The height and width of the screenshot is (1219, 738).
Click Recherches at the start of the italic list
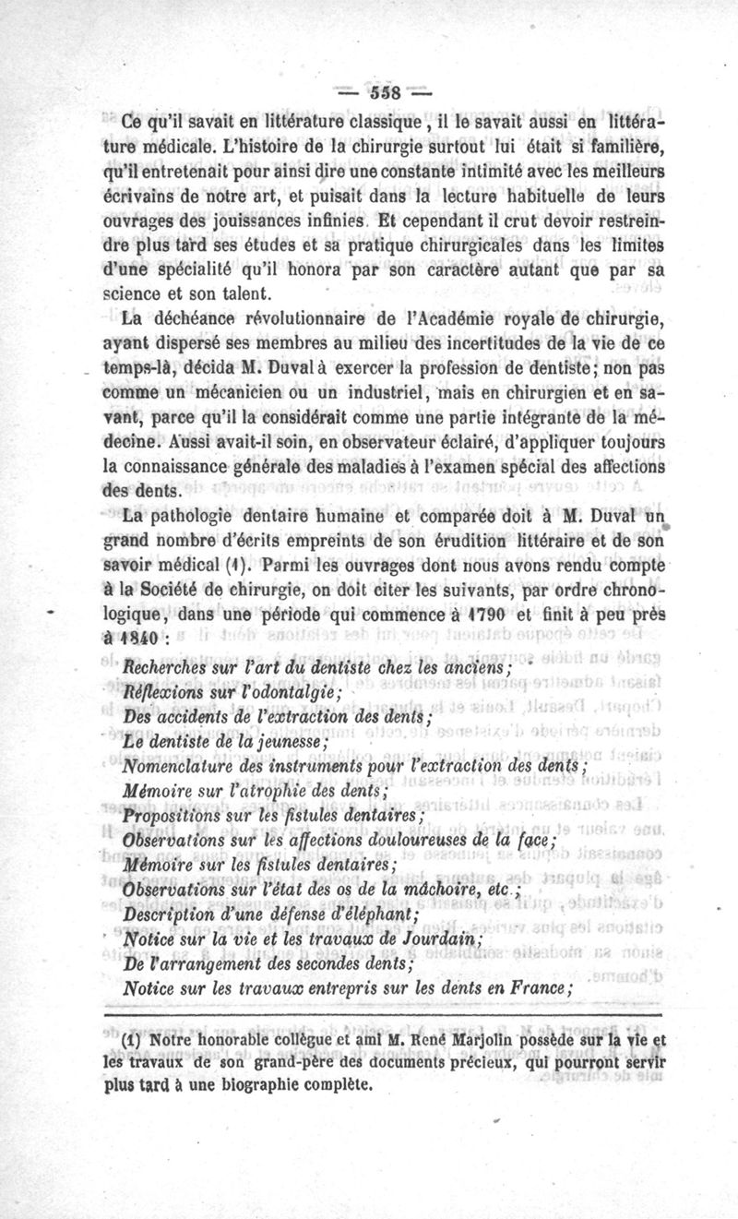[165, 667]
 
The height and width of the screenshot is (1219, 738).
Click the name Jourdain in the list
[451, 939]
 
